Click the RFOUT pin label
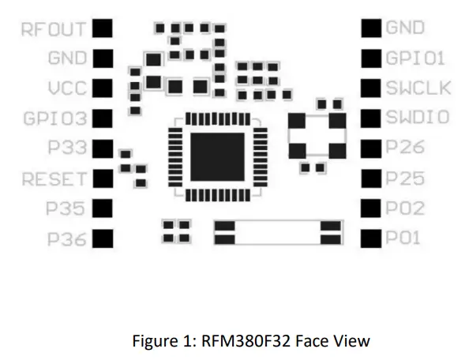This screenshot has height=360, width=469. pyautogui.click(x=54, y=29)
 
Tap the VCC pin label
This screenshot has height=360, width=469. pyautogui.click(x=66, y=88)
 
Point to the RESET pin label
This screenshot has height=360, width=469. pyautogui.click(x=54, y=178)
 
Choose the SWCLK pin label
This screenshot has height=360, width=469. pyautogui.click(x=418, y=88)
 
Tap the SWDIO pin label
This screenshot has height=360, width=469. pyautogui.click(x=418, y=118)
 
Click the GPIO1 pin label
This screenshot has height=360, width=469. pyautogui.click(x=415, y=58)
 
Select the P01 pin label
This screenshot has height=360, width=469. pyautogui.click(x=404, y=238)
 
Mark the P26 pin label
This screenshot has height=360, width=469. pyautogui.click(x=405, y=148)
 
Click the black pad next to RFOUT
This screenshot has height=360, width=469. pyautogui.click(x=103, y=29)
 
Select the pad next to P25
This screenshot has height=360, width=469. pyautogui.click(x=370, y=178)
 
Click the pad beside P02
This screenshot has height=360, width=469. pyautogui.click(x=370, y=208)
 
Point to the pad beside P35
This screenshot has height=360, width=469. pyautogui.click(x=103, y=208)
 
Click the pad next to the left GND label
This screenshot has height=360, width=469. pyautogui.click(x=103, y=58)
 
